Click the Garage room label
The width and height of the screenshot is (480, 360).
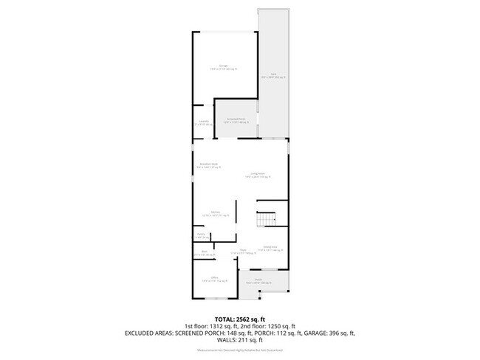[x=222, y=66]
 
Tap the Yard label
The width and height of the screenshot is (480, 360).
[x=272, y=75]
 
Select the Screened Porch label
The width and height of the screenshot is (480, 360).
[x=236, y=120]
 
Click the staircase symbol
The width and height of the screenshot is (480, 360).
[x=266, y=219]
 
